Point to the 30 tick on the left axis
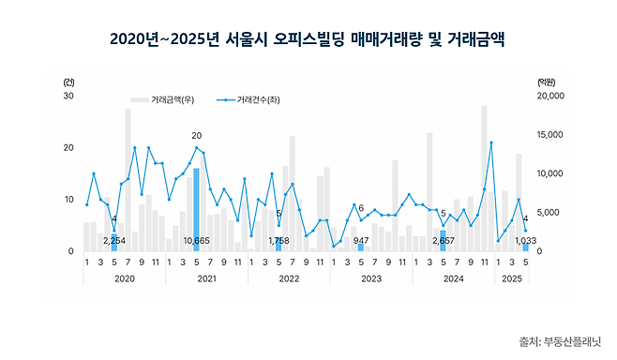coord(69,96)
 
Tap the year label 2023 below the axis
coord(370,278)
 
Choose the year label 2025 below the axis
coord(511,278)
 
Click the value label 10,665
coord(196,242)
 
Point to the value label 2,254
coord(114,242)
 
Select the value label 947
coord(362,242)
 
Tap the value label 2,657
coord(444,242)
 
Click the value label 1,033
coord(525,242)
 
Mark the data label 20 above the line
coord(196,136)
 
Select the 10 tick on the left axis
coord(69,200)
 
